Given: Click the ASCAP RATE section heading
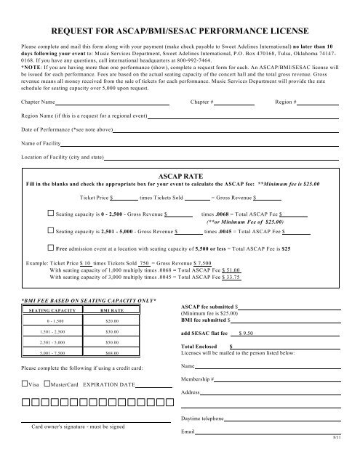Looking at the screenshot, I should click(180, 176).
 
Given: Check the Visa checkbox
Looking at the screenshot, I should click(25, 384).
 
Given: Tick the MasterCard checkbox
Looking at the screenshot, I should click(47, 384).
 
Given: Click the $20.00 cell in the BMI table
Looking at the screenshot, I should click(111, 320).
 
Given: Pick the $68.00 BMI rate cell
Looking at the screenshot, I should click(111, 354).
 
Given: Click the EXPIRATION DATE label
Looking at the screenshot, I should click(109, 384).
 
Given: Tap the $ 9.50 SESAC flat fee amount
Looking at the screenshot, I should click(246, 332).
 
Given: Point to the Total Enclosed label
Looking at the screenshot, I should click(199, 347).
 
